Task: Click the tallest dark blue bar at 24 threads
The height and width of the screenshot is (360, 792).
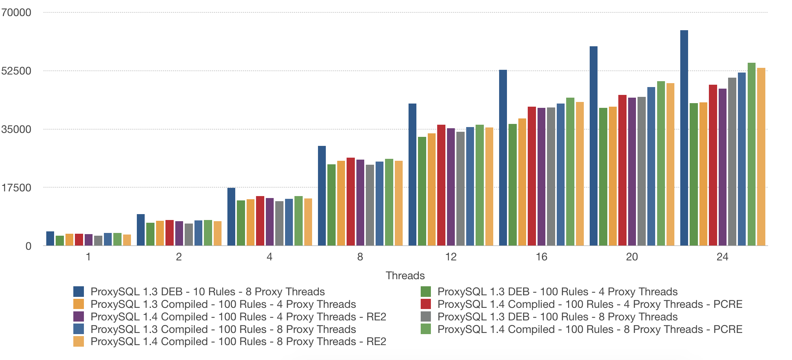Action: [684, 137]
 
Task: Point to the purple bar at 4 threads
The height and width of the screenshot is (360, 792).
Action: [269, 222]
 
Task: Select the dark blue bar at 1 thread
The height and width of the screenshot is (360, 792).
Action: [50, 238]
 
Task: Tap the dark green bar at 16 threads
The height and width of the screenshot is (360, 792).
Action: [512, 185]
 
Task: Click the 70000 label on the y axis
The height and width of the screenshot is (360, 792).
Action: [16, 13]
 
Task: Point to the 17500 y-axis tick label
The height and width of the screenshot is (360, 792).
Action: [16, 188]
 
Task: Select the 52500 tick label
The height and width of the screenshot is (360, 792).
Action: [16, 71]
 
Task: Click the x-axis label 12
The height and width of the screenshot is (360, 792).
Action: [451, 257]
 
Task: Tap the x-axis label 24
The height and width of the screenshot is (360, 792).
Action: [722, 257]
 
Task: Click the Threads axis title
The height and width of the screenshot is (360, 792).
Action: [405, 275]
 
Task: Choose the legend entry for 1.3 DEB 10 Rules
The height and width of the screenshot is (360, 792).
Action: [207, 292]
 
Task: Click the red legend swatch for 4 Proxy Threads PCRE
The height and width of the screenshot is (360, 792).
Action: [425, 304]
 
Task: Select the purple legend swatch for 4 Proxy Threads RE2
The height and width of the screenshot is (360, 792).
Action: [78, 317]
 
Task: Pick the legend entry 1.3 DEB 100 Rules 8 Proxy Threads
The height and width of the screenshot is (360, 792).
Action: [557, 317]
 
